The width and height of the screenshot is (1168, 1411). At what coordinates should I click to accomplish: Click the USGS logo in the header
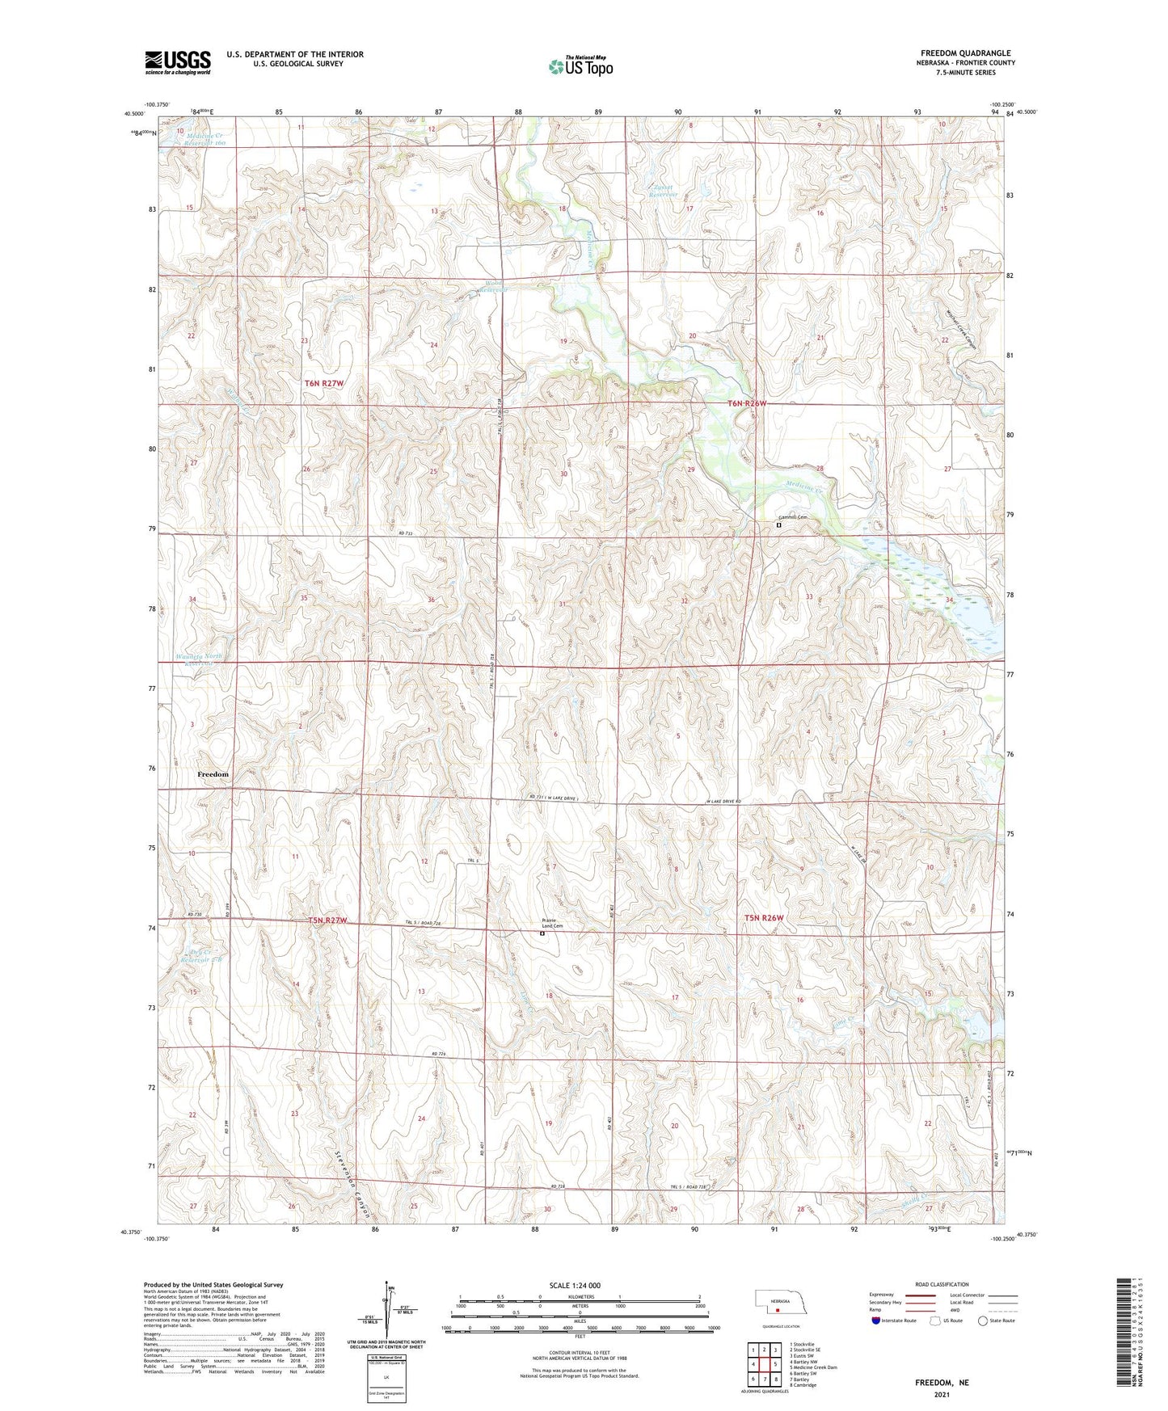[177, 62]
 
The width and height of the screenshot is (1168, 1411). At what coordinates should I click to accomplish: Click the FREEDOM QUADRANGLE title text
[965, 53]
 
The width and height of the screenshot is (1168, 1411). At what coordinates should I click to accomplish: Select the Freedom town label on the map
[213, 774]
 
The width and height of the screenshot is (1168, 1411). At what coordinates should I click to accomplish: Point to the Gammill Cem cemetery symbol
[778, 524]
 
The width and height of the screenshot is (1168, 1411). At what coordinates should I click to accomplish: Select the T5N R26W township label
[764, 918]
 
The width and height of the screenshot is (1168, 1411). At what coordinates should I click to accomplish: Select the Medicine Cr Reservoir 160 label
[192, 139]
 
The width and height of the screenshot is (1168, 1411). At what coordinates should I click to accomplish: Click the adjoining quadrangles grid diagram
[764, 1365]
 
